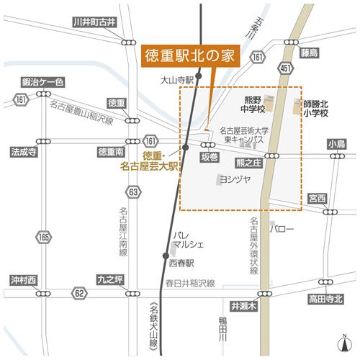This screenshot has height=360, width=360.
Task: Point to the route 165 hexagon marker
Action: coord(45,235)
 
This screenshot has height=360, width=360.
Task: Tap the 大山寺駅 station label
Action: coord(179,81)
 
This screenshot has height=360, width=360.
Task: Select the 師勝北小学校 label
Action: coord(315,108)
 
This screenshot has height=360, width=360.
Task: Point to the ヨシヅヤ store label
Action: coord(235,179)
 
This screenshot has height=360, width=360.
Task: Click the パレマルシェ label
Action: coord(191,240)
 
